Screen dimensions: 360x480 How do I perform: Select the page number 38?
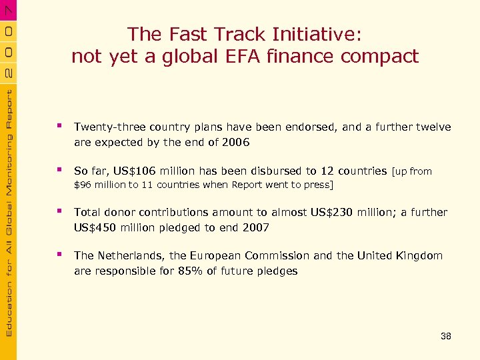[446, 337]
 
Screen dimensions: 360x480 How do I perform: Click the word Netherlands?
[129, 255]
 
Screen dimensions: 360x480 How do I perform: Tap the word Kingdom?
[420, 255]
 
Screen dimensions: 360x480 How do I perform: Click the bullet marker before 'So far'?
[61, 170]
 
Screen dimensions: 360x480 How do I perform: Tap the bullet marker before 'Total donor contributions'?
[61, 211]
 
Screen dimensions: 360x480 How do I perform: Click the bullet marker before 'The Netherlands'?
[61, 255]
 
